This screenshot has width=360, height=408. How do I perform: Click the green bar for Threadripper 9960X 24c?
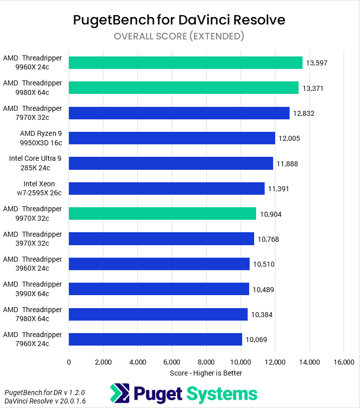click(185, 62)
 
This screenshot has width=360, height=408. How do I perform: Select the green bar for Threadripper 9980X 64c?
click(183, 88)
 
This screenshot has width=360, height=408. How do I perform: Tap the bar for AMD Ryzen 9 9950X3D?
click(172, 138)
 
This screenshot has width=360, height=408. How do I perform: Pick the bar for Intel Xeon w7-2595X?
click(166, 188)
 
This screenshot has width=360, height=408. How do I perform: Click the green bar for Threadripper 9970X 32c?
click(162, 214)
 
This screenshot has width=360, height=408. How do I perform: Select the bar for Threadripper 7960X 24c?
click(155, 340)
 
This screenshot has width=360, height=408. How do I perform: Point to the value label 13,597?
click(317, 63)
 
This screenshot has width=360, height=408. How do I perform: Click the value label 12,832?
click(304, 113)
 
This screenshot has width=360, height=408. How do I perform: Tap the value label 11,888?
click(287, 164)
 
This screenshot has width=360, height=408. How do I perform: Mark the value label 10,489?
click(263, 290)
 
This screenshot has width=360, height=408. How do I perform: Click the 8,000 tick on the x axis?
click(206, 362)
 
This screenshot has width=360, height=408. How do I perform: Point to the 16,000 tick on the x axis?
click(344, 362)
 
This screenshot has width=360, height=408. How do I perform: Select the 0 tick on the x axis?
click(69, 362)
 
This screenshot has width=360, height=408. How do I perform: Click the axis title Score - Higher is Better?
click(206, 373)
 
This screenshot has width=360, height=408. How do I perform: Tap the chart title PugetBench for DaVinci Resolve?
click(179, 20)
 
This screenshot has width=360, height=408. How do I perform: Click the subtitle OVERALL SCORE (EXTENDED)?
click(179, 36)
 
